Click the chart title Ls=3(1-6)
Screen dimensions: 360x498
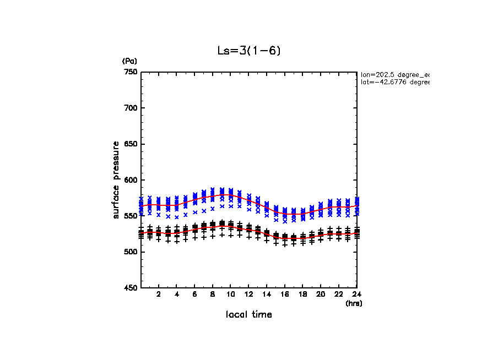point(249,51)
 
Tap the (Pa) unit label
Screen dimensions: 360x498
point(129,61)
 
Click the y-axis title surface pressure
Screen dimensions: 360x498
point(116,179)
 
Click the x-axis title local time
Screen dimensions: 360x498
point(249,314)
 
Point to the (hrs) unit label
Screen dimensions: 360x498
point(353,303)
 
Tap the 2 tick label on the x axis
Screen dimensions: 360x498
point(159,294)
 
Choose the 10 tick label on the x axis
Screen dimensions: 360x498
point(231,294)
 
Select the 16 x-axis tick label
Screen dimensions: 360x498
point(285,294)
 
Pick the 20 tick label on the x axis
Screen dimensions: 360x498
point(321,294)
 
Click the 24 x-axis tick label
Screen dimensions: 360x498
point(356,294)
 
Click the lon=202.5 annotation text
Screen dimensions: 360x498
point(394,74)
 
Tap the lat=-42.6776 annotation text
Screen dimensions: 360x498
point(394,82)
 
